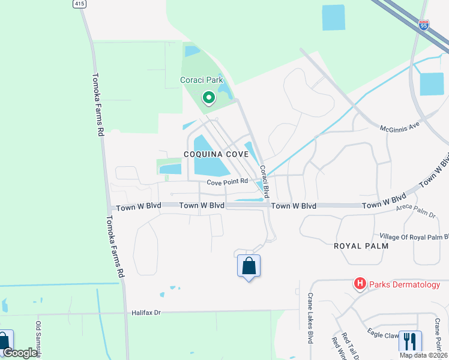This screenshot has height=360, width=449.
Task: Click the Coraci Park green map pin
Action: click(208, 97)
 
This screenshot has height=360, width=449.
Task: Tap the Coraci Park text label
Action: click(201, 80)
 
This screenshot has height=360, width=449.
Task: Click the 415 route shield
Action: click(79, 4)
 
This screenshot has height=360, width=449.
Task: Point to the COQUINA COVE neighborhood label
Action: click(215, 154)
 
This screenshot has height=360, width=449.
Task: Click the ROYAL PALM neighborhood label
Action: click(361, 246)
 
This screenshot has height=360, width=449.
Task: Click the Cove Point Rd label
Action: click(228, 181)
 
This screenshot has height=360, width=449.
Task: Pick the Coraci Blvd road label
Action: click(265, 181)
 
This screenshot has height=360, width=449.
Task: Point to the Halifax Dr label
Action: click(147, 313)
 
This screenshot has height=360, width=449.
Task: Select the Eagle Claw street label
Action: click(384, 331)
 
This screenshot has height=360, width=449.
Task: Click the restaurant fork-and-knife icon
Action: click(410, 341)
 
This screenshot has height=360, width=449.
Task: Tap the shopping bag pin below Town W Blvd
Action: click(249, 266)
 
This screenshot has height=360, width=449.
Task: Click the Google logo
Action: click(20, 353)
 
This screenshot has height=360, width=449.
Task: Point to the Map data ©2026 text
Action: click(422, 355)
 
